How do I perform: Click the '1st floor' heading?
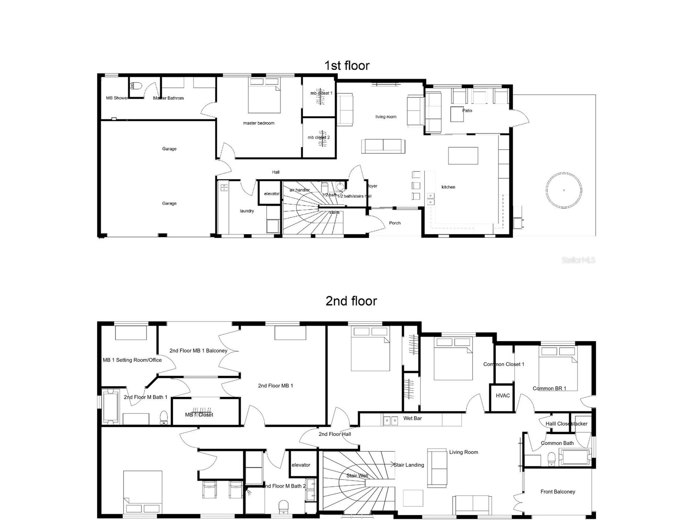coord(346,66)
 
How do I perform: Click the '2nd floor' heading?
coord(351,301)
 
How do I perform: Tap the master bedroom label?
coord(258,123)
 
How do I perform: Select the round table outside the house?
coord(564,191)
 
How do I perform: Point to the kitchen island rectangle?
coord(463,156)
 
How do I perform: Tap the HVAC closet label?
coord(503,395)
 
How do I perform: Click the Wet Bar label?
coord(412,418)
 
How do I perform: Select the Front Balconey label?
coord(557,492)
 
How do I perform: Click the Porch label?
coord(395,223)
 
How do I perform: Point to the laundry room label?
coord(246,211)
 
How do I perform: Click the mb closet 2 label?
coord(319,137)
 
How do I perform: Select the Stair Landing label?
coord(409,465)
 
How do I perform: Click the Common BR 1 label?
coord(549,388)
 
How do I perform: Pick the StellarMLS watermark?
coord(578,260)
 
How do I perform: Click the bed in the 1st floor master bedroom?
coord(264,95)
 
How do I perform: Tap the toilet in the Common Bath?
coord(551,459)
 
